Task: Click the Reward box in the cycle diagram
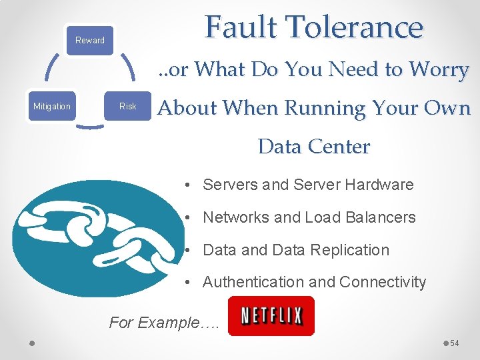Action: pos(90,40)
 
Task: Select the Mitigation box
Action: pos(52,106)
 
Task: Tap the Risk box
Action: pos(127,106)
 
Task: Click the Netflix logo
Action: pos(271,315)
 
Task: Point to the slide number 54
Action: pos(455,343)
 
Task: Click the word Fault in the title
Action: pos(241,28)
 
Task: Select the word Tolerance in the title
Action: pos(353,28)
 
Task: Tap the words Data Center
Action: pos(313,146)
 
